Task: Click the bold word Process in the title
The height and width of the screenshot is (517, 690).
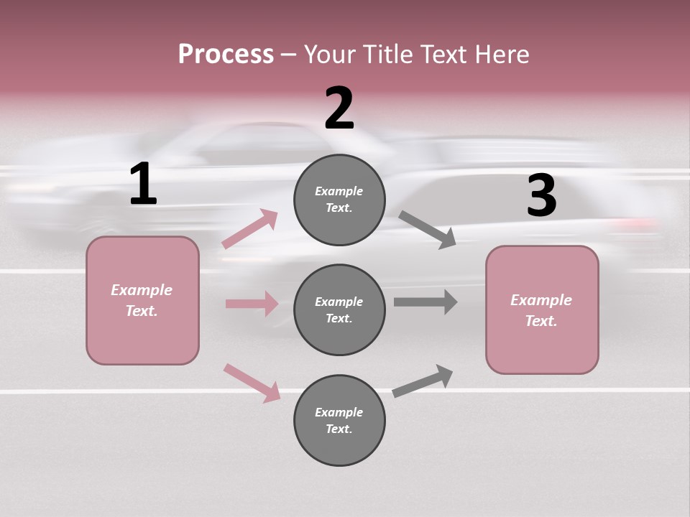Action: click(x=226, y=55)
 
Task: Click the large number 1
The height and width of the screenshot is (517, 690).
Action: click(x=144, y=184)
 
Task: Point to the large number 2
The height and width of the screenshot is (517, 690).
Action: click(x=339, y=108)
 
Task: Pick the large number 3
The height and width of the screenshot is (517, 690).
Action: click(x=542, y=195)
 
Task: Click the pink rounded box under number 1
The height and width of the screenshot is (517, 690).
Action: click(x=142, y=301)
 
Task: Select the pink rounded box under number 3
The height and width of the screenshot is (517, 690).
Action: click(x=542, y=310)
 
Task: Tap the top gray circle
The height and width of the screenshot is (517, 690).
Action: click(x=339, y=200)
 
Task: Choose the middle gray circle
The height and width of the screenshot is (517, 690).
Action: click(x=339, y=310)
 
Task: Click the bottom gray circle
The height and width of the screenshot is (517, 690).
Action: click(x=339, y=420)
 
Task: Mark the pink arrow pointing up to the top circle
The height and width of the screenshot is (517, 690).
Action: click(x=250, y=228)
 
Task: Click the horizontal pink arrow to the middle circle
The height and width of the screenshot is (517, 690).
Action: click(x=252, y=303)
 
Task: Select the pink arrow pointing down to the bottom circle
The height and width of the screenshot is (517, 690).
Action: click(x=252, y=383)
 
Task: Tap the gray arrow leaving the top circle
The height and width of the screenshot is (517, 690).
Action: click(x=427, y=230)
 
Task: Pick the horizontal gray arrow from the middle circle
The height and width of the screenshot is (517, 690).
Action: click(x=425, y=302)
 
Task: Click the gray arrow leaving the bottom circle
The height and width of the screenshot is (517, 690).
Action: click(x=423, y=381)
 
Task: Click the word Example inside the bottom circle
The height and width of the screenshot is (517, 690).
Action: click(x=339, y=412)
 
